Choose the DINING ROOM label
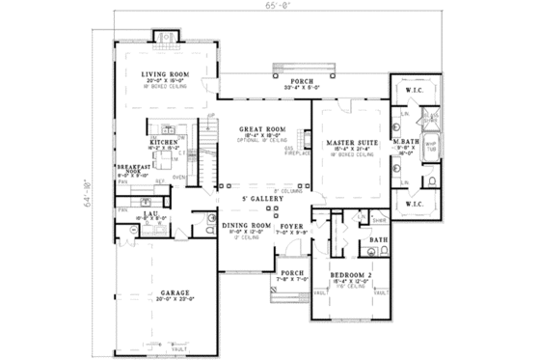point(242,225)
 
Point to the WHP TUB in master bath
point(431,146)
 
